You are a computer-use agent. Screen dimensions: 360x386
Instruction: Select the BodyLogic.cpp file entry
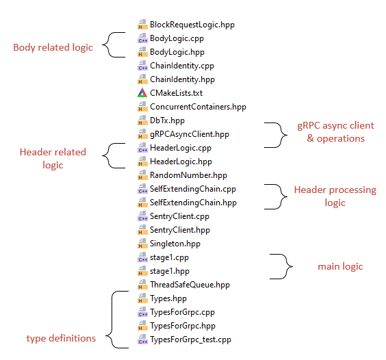[177, 38]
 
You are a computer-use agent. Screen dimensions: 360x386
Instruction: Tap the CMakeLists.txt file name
[176, 93]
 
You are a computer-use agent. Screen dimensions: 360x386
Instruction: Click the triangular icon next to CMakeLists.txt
[142, 93]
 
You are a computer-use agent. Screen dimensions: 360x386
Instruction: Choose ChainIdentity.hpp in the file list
[181, 79]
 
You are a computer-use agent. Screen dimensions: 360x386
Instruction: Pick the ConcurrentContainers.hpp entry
[198, 107]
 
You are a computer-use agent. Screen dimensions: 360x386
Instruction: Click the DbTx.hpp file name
[166, 120]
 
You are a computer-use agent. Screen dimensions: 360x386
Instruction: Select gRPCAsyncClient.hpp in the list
[189, 134]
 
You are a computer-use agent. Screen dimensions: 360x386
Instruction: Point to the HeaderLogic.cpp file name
[181, 148]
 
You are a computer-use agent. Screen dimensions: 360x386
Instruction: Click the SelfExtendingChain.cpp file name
[193, 189]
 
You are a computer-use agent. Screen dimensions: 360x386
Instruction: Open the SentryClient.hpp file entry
[180, 230]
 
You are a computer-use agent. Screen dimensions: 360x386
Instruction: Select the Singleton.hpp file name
[175, 244]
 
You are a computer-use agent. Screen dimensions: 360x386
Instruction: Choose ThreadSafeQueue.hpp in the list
[190, 285]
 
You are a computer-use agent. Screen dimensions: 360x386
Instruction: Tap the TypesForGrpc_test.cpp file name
[190, 339]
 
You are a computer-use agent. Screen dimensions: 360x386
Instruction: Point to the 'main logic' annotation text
[340, 266]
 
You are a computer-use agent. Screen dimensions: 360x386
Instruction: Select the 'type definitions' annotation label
[61, 338]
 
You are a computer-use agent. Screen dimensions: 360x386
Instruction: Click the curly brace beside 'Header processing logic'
[277, 196]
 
